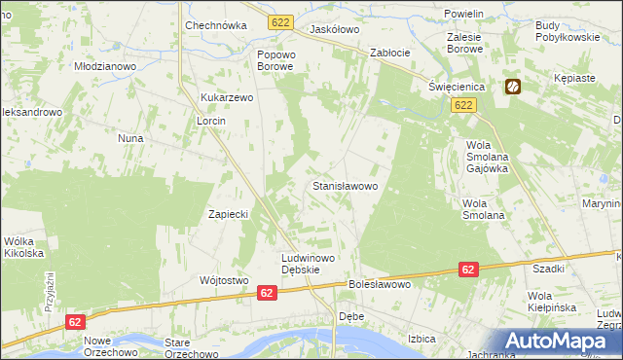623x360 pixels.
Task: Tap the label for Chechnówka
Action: [x=216, y=25]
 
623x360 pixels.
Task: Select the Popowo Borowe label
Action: [x=275, y=61]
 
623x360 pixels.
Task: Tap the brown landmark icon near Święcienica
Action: [x=512, y=87]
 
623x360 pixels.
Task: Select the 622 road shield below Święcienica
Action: [x=463, y=105]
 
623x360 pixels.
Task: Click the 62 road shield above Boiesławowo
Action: [x=469, y=270]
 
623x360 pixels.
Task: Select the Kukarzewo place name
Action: [x=227, y=98]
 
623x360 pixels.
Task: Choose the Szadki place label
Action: [x=549, y=268]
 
